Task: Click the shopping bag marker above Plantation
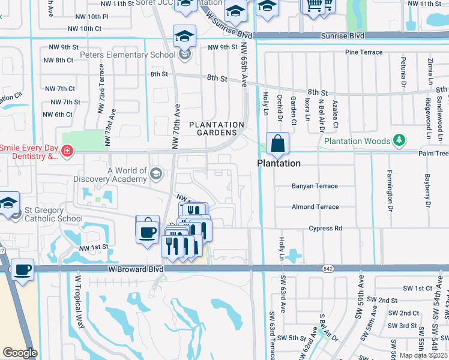pos(277,145)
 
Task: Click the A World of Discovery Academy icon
pos(156,174)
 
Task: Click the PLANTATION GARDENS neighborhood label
pos(217,128)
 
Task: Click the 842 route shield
pos(327,268)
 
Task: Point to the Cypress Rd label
pos(325,228)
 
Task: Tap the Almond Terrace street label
pos(315,207)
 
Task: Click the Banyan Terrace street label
pos(315,186)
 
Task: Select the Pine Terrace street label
pos(363,52)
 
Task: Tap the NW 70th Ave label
pos(176,127)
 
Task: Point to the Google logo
pos(20,352)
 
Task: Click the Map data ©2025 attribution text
pos(423,355)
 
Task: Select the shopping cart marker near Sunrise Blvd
pos(315,6)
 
